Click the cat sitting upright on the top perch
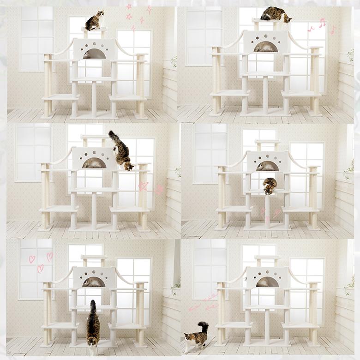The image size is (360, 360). [94, 21]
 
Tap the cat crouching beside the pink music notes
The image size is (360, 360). [275, 15]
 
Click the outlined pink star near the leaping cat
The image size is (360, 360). [143, 186]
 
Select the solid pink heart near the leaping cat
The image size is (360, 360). [159, 189]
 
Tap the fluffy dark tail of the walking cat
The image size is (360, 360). [203, 327]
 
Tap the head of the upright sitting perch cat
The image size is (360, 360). [100, 14]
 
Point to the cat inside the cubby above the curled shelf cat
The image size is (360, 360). [267, 166]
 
